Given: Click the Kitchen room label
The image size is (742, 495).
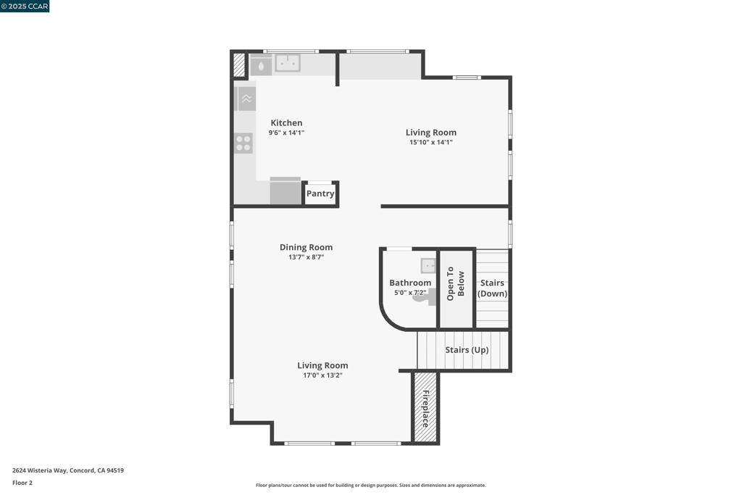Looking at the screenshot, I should click(286, 123).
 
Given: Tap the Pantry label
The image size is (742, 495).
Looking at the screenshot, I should click(320, 194).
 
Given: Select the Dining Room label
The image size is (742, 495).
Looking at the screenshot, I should click(306, 247).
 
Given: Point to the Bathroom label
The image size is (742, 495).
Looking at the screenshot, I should click(410, 283).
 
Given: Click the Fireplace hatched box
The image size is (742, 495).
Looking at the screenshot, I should click(425, 408).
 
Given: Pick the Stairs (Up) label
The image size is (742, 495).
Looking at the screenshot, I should click(467, 350).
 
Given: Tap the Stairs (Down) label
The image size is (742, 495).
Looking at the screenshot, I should click(493, 288).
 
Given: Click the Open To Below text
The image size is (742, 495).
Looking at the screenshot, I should click(455, 283).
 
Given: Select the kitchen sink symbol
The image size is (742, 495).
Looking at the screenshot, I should click(288, 64).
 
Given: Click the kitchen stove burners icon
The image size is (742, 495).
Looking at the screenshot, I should click(244, 143).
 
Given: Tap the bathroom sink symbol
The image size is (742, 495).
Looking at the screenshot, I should click(429, 266).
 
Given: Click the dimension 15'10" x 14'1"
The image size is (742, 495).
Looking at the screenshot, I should click(430, 143).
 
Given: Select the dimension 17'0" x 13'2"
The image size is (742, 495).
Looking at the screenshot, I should click(322, 375).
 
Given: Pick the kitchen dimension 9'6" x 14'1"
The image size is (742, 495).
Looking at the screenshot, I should click(286, 133).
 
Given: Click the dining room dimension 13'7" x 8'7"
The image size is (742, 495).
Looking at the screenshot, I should click(306, 257).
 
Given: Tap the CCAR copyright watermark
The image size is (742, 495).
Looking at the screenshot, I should click(25, 7).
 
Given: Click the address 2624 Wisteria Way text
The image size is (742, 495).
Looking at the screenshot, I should click(68, 470).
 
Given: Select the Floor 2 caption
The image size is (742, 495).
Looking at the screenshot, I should click(22, 483).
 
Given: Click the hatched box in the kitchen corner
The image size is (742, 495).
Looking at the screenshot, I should click(239, 65).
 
